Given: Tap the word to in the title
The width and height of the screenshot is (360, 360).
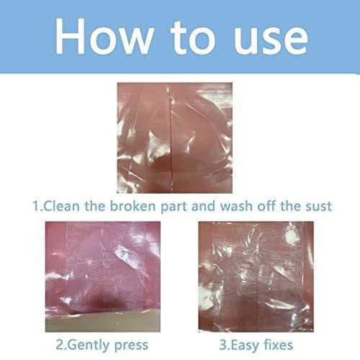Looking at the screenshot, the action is (193, 37).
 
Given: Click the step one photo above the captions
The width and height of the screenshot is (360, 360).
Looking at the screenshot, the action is (174, 138).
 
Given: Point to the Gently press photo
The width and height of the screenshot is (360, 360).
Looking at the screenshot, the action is (103, 276).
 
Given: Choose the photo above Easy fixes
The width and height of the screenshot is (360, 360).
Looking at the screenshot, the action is (256, 276).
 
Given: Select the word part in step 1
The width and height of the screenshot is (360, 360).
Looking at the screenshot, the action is (174, 207).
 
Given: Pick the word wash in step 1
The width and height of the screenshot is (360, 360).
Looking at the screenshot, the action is (236, 206).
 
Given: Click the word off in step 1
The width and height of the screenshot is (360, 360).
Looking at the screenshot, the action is (266, 206).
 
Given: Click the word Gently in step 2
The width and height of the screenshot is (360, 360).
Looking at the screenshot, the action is (89, 346).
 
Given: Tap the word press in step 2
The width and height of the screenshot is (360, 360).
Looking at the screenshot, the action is (131, 346).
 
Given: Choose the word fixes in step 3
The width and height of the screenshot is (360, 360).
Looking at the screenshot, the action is (278, 345).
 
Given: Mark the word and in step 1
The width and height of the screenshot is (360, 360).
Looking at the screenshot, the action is (203, 206).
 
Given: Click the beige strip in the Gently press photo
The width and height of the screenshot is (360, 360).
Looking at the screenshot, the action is (103, 322).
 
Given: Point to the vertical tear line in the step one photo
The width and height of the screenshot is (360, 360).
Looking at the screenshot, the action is (171, 139).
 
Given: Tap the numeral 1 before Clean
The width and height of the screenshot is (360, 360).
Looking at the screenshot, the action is (35, 206).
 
